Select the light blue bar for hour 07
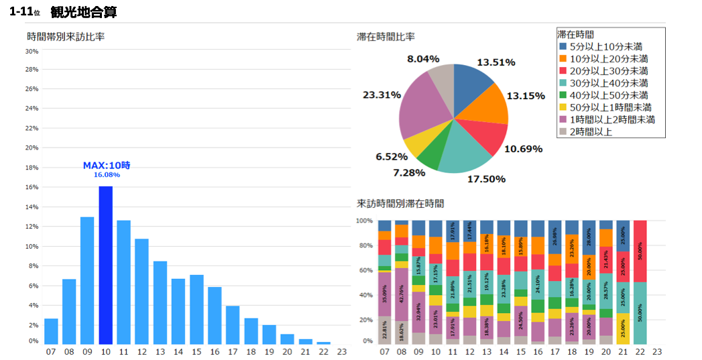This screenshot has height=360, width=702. coord(51,331)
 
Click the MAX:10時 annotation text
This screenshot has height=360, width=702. coord(106,165)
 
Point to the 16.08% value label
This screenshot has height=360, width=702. coord(106,175)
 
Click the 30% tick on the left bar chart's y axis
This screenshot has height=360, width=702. coord(32,51)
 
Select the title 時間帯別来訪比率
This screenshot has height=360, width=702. coord(66,36)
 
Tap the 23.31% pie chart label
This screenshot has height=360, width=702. coord(382,95)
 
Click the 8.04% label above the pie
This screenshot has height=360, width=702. coord(423,59)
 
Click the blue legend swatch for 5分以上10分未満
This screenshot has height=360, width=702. coord(563,46)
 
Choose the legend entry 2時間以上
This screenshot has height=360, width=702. coord(591,131)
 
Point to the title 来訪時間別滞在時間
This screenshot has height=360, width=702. coord(400,203)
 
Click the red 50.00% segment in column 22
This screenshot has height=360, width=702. coord(640,251)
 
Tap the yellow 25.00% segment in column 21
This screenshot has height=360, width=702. coord(624,328)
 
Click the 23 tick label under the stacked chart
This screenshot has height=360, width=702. coord(657,351)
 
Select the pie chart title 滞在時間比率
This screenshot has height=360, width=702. coord(386,36)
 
